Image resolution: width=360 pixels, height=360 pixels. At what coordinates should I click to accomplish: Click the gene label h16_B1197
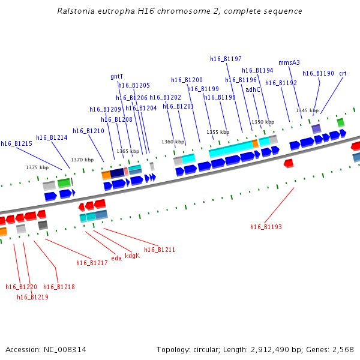pyautogui.click(x=226, y=59)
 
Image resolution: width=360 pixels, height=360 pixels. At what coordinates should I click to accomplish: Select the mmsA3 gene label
pyautogui.click(x=289, y=62)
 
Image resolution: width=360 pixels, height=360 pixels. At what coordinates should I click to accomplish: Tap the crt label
pyautogui.click(x=343, y=73)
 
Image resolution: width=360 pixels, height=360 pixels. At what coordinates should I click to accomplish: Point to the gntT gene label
pyautogui.click(x=116, y=77)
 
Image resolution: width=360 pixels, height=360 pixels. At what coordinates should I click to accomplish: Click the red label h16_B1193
pyautogui.click(x=266, y=227)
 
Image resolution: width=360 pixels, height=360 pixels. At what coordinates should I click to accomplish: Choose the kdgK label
pyautogui.click(x=132, y=256)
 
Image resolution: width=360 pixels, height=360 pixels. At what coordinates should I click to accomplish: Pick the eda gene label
pyautogui.click(x=116, y=258)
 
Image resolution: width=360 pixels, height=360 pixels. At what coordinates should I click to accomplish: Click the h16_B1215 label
pyautogui.click(x=16, y=143)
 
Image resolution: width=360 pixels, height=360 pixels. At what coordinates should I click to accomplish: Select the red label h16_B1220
pyautogui.click(x=21, y=287)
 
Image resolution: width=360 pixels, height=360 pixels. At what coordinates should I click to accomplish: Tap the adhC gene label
pyautogui.click(x=253, y=90)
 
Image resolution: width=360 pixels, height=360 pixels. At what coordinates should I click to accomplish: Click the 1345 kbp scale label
pyautogui.click(x=307, y=110)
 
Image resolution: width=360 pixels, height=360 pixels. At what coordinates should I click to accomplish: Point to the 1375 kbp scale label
pyautogui.click(x=37, y=167)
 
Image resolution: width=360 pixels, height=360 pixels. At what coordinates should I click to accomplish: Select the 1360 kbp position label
pyautogui.click(x=173, y=142)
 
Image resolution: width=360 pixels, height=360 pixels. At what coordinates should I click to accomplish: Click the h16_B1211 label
pyautogui.click(x=160, y=250)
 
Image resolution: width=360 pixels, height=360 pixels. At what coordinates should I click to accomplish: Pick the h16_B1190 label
pyautogui.click(x=318, y=73)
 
